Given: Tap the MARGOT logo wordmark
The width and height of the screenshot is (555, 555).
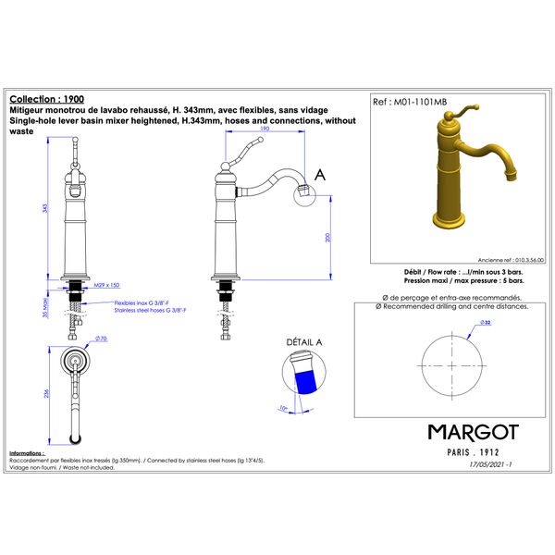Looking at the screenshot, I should click(473, 432).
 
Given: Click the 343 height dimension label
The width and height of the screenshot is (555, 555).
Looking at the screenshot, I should click(47, 208).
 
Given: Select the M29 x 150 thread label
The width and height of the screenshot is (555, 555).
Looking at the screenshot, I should click(107, 286).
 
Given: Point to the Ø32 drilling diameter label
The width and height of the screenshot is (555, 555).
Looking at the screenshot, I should click(485, 322).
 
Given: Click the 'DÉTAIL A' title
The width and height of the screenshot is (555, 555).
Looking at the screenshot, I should click(304, 342).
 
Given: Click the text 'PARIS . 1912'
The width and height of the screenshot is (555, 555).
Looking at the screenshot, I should click(472, 453).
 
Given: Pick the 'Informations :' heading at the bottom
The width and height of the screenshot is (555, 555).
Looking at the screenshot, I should click(26, 453).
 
